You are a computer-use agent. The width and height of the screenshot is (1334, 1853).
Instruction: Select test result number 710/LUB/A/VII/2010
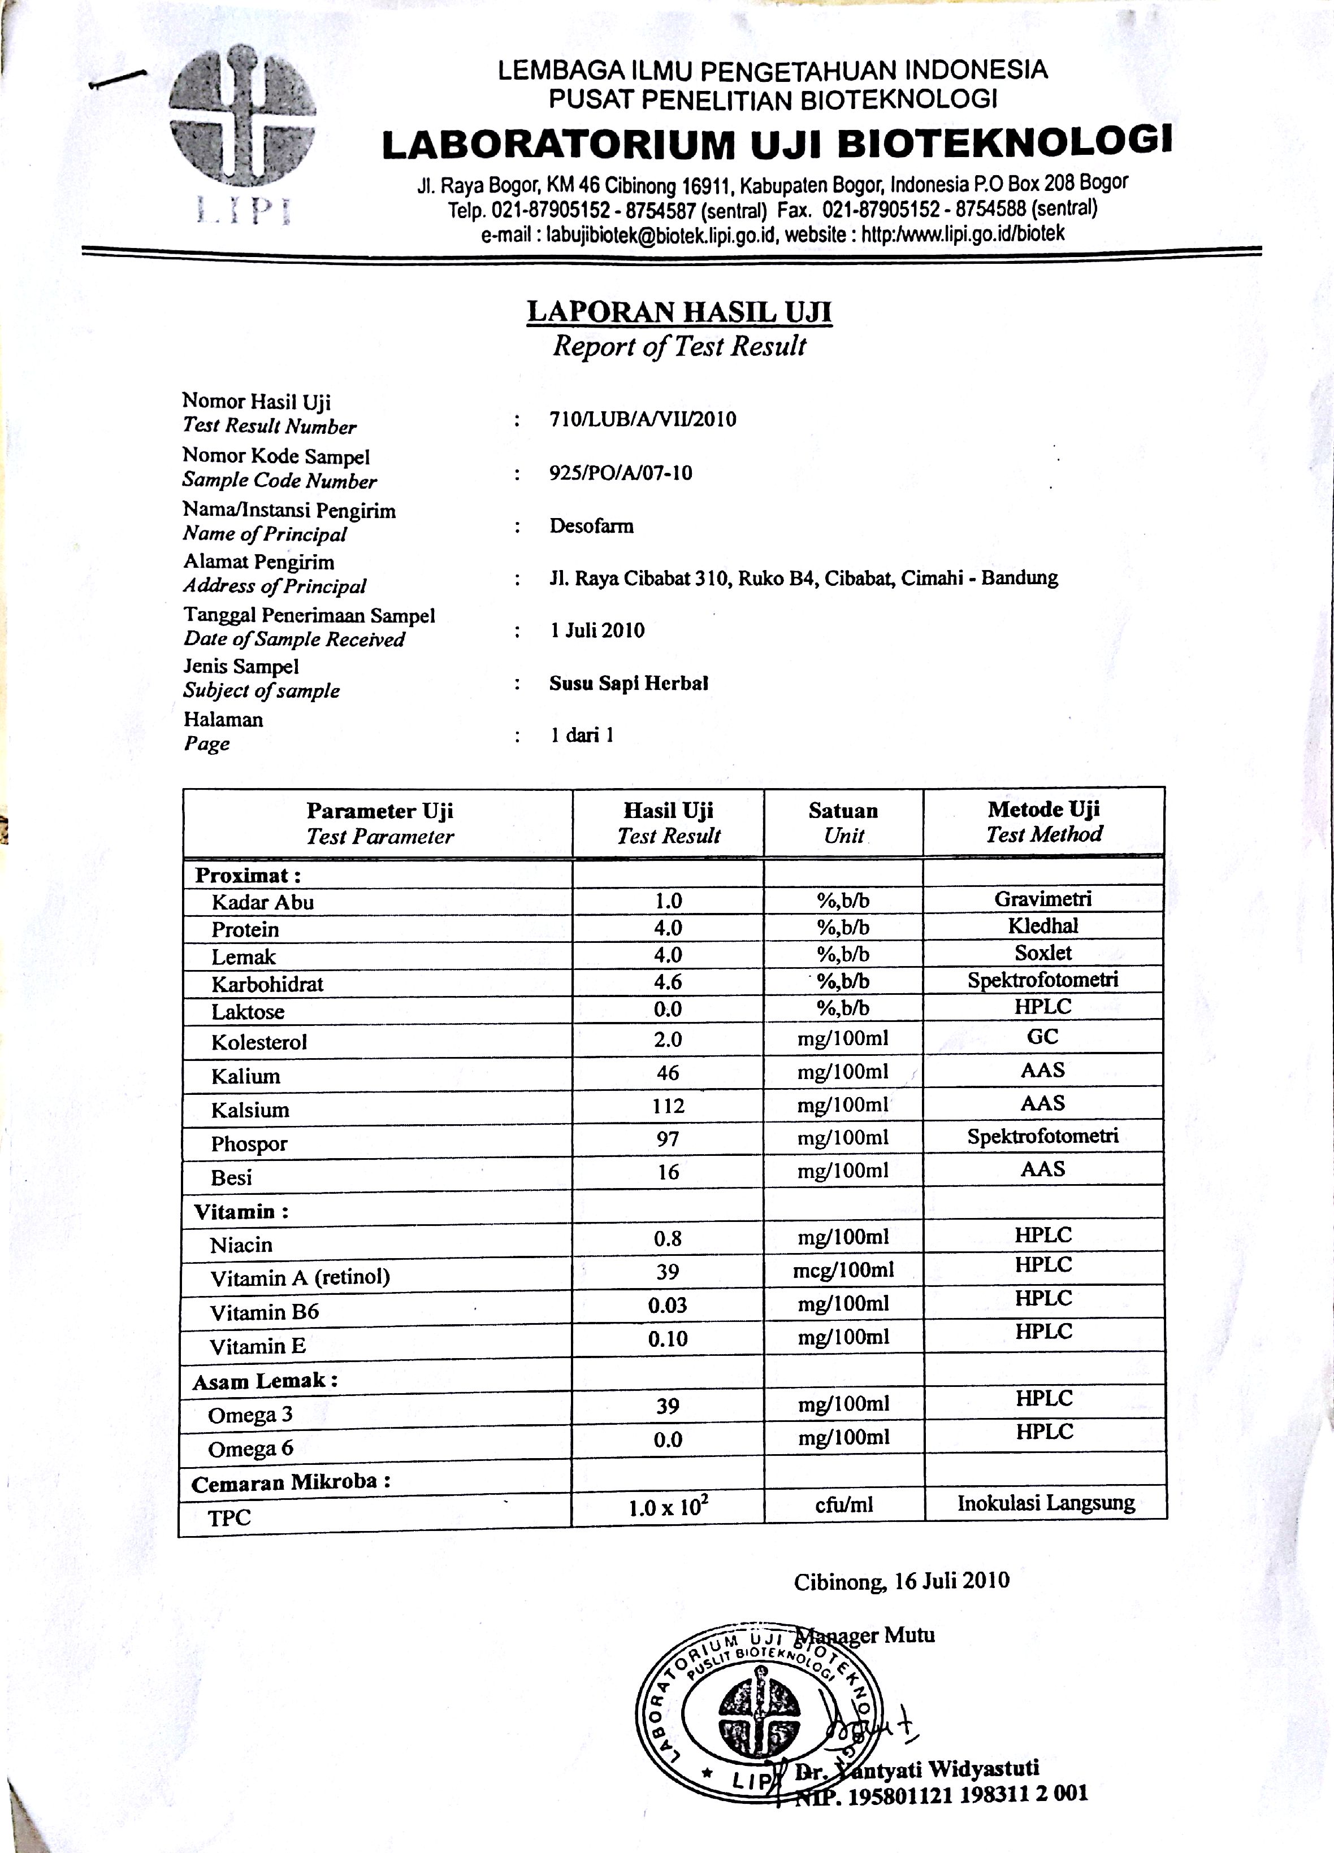pos(643,419)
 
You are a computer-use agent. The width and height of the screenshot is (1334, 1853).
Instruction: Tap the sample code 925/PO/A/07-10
pos(621,473)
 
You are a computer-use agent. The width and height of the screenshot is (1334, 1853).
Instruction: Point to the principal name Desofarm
pos(591,525)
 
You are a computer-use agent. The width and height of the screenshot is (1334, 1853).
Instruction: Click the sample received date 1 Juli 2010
pos(597,630)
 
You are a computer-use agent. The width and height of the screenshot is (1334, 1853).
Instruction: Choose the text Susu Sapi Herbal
pos(628,683)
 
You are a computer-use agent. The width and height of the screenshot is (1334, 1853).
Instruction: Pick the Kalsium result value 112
pos(668,1106)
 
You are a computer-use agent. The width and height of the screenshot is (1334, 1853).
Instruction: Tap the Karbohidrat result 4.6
pos(668,981)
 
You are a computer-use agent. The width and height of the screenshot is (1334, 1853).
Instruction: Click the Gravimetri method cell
pos(1043,899)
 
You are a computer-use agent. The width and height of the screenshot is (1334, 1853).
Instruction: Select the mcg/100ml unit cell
pos(843,1269)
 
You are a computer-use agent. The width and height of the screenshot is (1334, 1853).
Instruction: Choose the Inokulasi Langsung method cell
pos(1046,1503)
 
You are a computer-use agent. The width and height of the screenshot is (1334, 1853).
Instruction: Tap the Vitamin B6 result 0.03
pos(668,1305)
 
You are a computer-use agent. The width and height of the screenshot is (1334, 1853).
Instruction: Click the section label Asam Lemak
pos(265,1381)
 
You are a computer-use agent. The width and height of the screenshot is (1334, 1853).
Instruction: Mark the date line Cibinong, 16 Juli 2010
pos(901,1581)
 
